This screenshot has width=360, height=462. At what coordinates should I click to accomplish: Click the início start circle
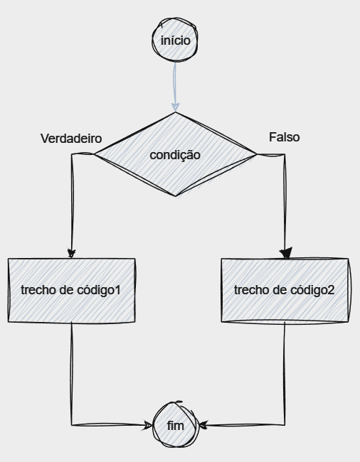click(175, 40)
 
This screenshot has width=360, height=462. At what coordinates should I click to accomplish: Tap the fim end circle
click(176, 424)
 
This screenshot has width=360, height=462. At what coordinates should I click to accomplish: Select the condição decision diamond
click(176, 154)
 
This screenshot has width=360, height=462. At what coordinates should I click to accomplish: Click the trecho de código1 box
click(72, 290)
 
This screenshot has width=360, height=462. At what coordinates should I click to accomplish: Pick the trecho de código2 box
click(285, 291)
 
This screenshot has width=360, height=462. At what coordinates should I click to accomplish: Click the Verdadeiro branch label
click(71, 139)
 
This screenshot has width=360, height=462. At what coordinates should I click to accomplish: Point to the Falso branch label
click(284, 137)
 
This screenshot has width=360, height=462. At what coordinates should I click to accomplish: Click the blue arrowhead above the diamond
click(176, 107)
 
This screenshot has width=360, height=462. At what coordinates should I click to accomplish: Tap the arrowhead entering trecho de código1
click(71, 253)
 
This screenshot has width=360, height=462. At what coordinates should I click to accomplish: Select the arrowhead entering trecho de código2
click(286, 253)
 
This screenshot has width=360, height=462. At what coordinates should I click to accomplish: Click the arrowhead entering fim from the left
click(147, 425)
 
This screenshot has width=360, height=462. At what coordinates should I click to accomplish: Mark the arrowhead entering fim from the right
click(203, 425)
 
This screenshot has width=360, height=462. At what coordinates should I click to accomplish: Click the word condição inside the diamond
click(175, 155)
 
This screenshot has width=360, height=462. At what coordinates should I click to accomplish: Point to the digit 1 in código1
click(117, 290)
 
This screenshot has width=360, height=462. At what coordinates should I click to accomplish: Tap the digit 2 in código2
click(331, 290)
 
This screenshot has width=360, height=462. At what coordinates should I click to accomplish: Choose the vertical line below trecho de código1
click(72, 374)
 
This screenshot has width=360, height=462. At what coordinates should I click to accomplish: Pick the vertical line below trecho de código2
click(285, 374)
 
